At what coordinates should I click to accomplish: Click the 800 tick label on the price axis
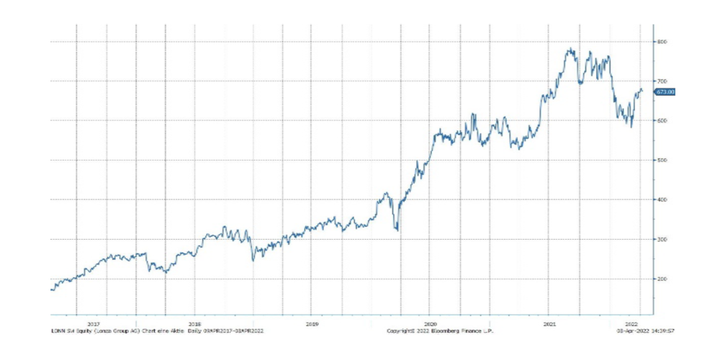(x=662, y=42)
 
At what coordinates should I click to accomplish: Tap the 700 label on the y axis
(x=662, y=81)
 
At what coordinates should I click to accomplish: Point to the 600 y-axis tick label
(x=662, y=121)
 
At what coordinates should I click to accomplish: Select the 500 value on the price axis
(x=662, y=160)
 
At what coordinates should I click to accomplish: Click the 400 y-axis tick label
(x=662, y=199)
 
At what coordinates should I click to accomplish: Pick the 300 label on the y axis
(x=662, y=239)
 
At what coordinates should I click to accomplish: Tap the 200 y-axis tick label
(x=662, y=279)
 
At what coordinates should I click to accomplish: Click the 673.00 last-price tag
(x=664, y=92)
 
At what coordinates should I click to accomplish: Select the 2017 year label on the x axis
(x=93, y=324)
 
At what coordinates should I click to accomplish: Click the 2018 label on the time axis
(x=194, y=324)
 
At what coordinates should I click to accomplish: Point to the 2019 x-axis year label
(x=312, y=324)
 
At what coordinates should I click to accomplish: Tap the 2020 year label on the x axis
(x=431, y=324)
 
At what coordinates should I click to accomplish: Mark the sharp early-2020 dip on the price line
(x=397, y=230)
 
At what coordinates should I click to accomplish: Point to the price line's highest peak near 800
(x=570, y=49)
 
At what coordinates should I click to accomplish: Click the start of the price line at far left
(x=51, y=289)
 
